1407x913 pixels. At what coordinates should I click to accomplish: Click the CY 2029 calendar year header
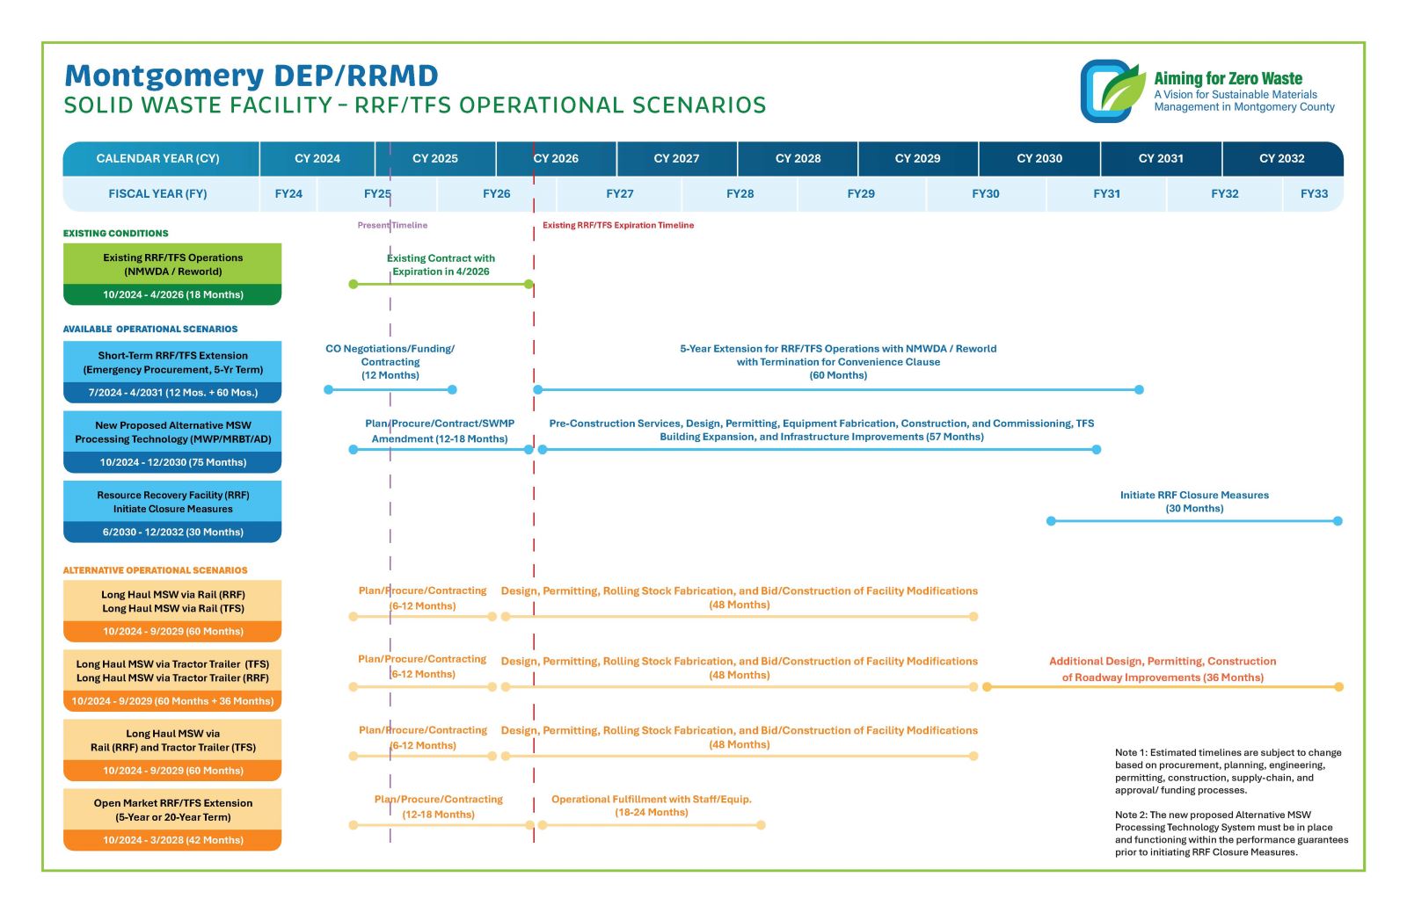click(917, 159)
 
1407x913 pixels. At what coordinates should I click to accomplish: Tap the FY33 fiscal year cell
click(1314, 194)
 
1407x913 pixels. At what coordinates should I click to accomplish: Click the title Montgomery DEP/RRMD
click(252, 76)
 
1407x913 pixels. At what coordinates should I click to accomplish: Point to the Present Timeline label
click(392, 226)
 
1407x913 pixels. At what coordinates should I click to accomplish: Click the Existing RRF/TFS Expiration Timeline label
click(617, 226)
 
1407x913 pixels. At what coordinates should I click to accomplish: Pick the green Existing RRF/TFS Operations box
click(172, 264)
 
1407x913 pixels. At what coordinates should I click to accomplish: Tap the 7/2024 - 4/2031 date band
click(172, 393)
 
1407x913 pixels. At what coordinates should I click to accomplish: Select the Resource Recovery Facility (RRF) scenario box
click(172, 502)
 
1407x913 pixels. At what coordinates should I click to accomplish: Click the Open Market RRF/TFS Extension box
click(172, 810)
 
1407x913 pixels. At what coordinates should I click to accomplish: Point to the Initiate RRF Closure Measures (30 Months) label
click(1194, 502)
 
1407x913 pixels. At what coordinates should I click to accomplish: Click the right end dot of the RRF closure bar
click(1338, 521)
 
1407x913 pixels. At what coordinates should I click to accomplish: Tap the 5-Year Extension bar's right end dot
click(1139, 389)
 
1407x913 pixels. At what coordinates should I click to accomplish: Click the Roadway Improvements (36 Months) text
click(1163, 678)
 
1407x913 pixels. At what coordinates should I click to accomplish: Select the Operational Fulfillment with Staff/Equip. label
click(652, 800)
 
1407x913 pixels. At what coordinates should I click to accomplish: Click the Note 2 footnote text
click(1231, 833)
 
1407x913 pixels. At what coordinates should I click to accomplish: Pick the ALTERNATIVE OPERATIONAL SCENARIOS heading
click(156, 570)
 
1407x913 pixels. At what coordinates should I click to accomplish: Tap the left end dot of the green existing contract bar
click(354, 284)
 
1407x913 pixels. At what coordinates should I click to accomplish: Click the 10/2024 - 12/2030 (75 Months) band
click(172, 462)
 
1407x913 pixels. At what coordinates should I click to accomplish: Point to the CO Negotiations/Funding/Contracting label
click(390, 362)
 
